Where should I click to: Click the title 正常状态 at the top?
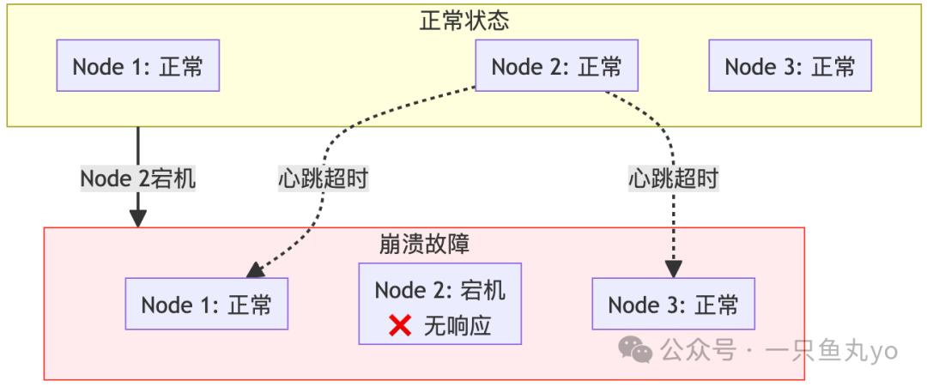(x=464, y=21)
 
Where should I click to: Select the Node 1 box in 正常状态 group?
(x=138, y=66)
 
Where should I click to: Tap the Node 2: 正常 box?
(x=557, y=66)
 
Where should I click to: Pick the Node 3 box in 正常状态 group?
(x=790, y=66)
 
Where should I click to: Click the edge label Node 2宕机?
(x=138, y=178)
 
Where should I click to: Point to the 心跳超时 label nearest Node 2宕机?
(x=324, y=178)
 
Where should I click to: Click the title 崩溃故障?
(x=424, y=244)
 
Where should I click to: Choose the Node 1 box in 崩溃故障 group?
(x=207, y=304)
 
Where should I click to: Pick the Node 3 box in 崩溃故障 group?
(x=674, y=304)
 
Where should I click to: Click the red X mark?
(x=400, y=325)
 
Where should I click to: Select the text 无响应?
(x=457, y=326)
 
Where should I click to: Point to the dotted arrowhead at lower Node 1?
(x=255, y=271)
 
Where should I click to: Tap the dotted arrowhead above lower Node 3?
(x=674, y=269)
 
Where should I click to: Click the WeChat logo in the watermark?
(x=636, y=349)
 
